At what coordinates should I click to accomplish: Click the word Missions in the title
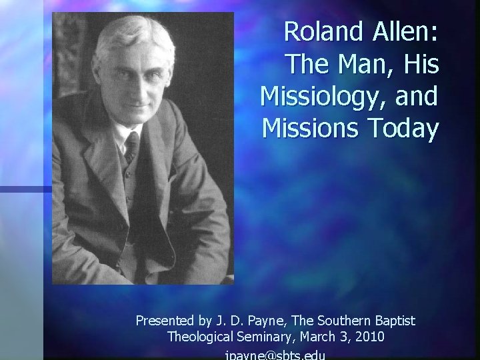point(307,128)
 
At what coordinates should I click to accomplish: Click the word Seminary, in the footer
point(265,337)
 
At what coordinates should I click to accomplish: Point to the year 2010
point(369,337)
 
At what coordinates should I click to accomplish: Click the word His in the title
point(421,64)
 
